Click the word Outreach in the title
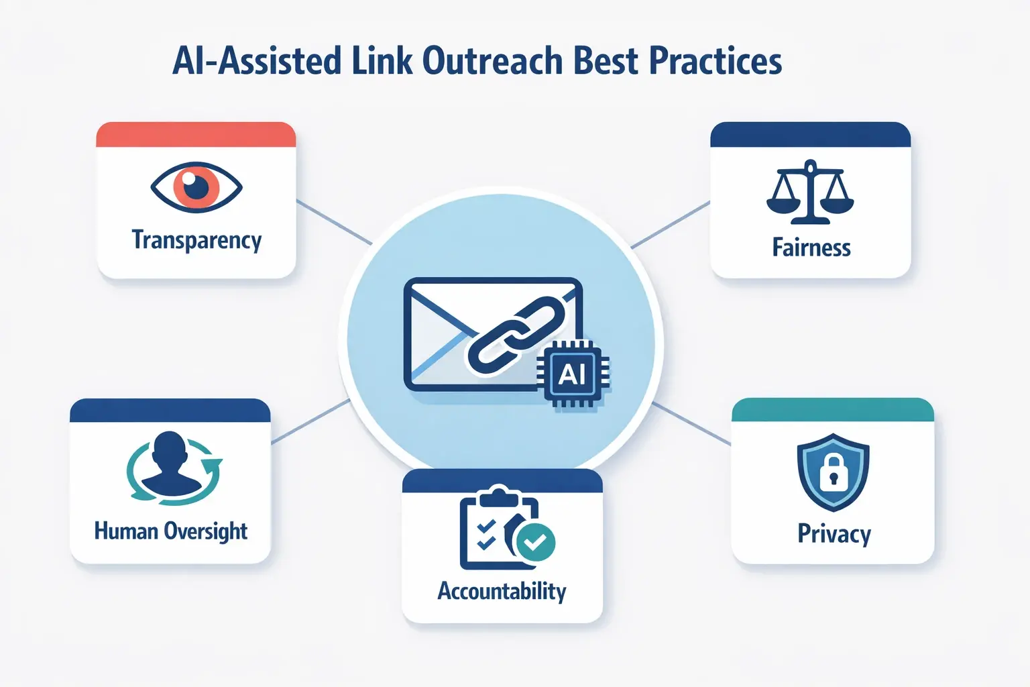point(492,61)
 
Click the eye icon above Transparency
point(196,187)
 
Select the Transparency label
point(196,241)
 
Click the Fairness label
point(811,248)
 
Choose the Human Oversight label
point(170,531)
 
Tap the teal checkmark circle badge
point(535,542)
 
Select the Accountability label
point(502,591)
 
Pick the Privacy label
point(834,534)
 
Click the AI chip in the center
point(572,373)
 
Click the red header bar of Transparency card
point(196,135)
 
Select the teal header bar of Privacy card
point(832,410)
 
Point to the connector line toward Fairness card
point(671,224)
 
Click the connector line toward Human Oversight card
point(310,421)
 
